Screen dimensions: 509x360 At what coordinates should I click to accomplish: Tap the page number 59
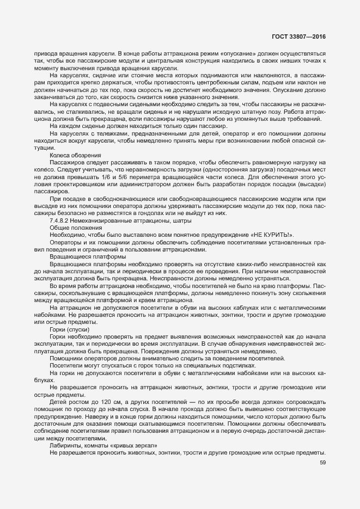(x=322, y=463)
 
